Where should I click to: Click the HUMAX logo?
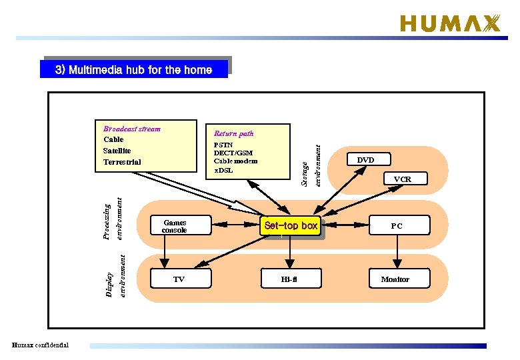point(449,24)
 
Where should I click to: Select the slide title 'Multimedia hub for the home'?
point(134,69)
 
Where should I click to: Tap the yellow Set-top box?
point(291,226)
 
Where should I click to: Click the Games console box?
point(174,226)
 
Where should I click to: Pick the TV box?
point(179,279)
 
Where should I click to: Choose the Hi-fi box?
point(289,279)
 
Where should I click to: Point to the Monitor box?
point(395,279)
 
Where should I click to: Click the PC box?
point(397,226)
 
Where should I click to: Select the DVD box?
point(365,160)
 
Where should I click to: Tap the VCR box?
point(402,179)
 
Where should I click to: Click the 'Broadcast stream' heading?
point(132,129)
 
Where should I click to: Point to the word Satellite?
point(117,151)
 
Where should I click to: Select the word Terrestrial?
point(122,162)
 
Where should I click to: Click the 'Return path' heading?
point(233,133)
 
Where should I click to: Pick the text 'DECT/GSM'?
point(233,153)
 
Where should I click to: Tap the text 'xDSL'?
point(223,170)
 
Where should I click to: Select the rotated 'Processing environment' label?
point(112,217)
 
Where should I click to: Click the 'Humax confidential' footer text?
point(41,345)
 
